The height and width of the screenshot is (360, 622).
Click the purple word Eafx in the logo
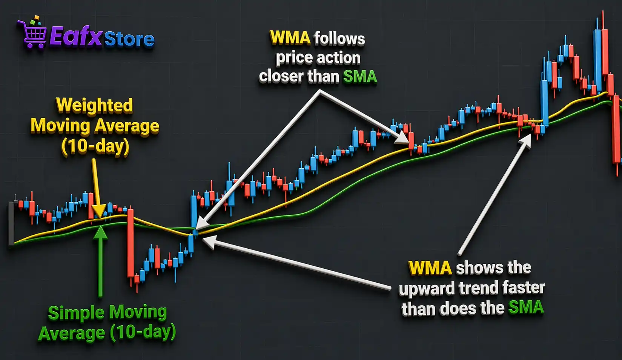tap(76, 36)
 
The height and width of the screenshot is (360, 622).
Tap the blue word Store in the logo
tap(129, 39)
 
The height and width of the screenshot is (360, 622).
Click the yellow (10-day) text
tap(95, 146)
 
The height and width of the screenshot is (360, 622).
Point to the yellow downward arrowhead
tap(99, 210)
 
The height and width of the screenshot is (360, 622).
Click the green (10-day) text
tap(143, 332)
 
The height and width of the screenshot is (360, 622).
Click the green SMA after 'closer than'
tap(360, 77)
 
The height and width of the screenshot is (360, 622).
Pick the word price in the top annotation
tap(293, 58)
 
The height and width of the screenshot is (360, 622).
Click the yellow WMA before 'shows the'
tap(430, 268)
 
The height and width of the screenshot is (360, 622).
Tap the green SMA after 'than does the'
tap(526, 308)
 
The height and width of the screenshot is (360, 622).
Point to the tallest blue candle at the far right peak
tap(597, 60)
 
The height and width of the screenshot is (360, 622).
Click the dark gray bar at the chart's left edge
tap(11, 224)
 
